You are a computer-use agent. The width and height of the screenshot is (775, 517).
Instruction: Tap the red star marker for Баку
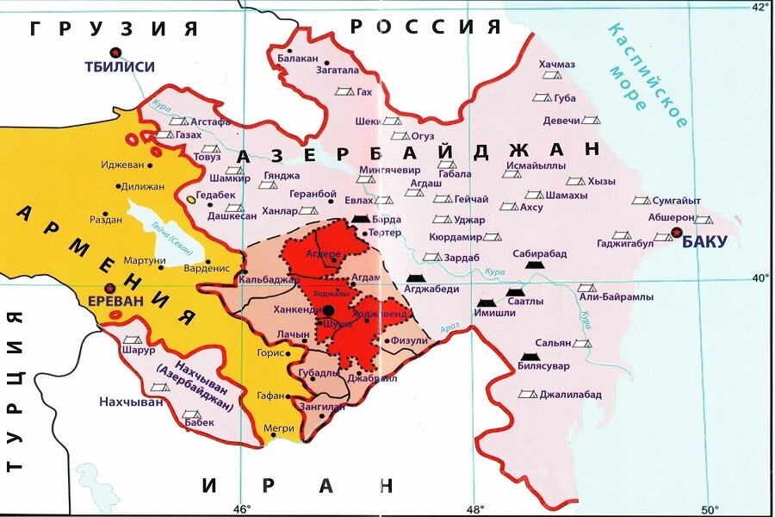click(677, 233)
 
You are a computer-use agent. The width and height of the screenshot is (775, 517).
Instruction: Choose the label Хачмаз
click(557, 65)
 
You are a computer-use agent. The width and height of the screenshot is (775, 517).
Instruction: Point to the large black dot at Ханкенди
click(328, 310)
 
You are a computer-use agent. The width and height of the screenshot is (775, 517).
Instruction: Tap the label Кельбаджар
click(269, 280)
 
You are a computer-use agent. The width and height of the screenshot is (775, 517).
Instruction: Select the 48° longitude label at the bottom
click(474, 508)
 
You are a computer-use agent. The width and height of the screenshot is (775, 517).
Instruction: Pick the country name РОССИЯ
click(425, 26)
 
